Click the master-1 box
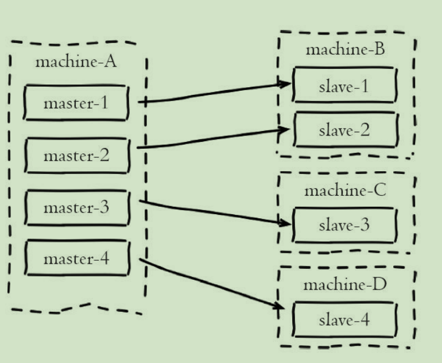(x=75, y=103)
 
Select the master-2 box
(x=76, y=155)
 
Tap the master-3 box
(x=76, y=207)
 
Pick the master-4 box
(x=76, y=258)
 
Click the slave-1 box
(x=344, y=86)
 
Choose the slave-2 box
(x=344, y=130)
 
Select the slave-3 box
(x=344, y=225)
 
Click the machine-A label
(x=76, y=62)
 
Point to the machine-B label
(x=344, y=49)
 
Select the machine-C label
(x=345, y=190)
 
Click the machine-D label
(x=345, y=284)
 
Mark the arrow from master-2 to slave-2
(x=212, y=139)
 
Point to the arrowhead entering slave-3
(x=285, y=222)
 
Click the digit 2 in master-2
(x=104, y=155)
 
